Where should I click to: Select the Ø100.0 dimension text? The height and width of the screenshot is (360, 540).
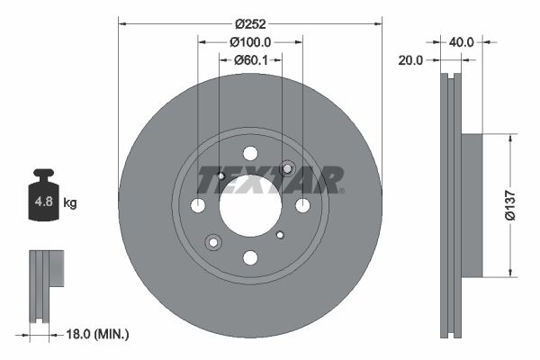250,41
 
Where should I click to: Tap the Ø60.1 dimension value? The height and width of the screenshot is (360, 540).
250,60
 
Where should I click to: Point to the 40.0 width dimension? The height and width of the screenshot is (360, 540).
462,41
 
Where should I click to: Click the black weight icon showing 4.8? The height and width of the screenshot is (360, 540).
43,199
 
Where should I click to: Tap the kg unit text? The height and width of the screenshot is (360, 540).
70,203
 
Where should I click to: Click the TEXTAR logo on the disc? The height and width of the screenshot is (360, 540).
270,180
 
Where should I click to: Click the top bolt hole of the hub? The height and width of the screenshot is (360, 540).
250,154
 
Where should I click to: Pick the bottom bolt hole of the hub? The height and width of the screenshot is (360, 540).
250,258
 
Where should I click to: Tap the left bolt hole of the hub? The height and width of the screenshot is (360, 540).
198,206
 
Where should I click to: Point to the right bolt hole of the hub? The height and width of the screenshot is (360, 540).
302,206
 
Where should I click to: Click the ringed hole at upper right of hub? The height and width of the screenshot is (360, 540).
288,168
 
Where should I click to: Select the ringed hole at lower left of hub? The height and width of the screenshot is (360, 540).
213,242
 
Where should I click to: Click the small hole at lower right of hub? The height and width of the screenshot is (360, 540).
280,235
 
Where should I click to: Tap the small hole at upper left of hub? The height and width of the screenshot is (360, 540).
221,175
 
